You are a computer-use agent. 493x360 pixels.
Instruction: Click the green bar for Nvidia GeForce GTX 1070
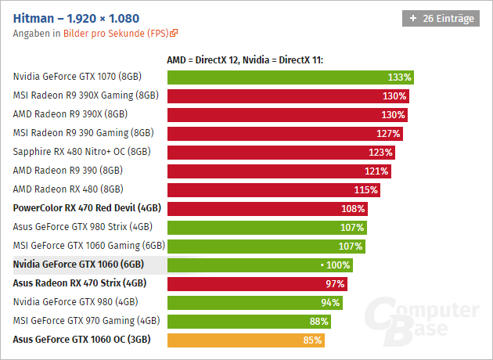[x=290, y=77]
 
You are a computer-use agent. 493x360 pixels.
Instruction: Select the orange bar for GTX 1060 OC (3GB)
[x=245, y=340]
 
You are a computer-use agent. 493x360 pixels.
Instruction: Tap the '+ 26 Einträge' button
[x=441, y=18]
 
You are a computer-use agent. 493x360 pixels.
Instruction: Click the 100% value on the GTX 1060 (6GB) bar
[x=337, y=265]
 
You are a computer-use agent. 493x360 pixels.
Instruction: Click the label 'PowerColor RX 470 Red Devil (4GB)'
[x=87, y=208]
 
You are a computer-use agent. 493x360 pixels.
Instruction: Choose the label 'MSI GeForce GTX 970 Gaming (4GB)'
[x=86, y=321]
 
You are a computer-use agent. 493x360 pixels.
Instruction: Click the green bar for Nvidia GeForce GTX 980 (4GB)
[x=254, y=302]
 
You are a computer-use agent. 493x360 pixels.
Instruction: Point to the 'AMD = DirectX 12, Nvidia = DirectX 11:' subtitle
[x=245, y=59]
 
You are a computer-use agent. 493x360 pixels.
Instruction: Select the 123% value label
[x=380, y=152]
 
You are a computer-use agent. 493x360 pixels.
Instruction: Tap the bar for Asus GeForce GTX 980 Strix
[x=266, y=227]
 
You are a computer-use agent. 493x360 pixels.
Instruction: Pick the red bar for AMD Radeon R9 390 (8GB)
[x=279, y=171]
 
